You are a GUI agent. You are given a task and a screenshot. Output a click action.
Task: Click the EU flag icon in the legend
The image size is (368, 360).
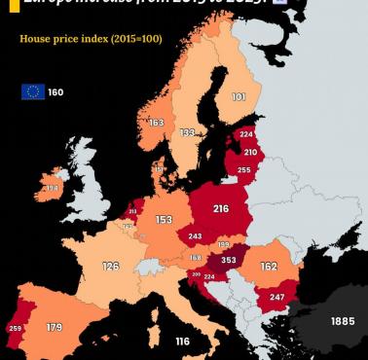point(32,91)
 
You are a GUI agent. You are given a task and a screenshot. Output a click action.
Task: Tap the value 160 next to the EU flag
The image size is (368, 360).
point(55,92)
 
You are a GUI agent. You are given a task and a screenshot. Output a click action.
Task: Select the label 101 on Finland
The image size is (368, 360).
point(239,97)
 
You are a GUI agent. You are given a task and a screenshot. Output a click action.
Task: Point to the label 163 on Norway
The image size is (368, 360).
point(156,123)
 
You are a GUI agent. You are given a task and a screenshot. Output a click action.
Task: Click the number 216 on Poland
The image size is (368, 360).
point(220,208)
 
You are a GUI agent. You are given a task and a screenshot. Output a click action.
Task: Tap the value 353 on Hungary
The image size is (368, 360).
point(229,260)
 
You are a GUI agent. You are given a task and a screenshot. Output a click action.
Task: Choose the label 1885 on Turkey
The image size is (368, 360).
point(342,320)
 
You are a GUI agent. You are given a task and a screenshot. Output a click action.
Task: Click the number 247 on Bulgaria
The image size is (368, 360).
point(276,297)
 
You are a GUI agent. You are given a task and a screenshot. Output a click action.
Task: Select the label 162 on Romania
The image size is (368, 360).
point(269,266)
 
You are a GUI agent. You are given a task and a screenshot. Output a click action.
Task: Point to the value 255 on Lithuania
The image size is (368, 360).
point(243,170)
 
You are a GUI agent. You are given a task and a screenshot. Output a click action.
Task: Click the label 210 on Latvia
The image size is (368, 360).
point(250,152)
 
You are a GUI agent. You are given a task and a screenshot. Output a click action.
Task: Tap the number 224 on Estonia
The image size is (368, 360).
point(245,135)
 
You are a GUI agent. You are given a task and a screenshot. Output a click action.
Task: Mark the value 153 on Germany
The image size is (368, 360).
point(164,220)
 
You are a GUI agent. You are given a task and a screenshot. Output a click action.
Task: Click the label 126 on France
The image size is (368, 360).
point(111,266)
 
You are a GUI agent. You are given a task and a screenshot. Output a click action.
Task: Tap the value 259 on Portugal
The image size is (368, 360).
point(14,329)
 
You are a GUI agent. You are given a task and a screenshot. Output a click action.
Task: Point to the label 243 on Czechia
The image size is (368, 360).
point(196,236)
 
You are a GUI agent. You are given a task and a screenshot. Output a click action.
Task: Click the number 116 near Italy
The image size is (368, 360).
point(182,341)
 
